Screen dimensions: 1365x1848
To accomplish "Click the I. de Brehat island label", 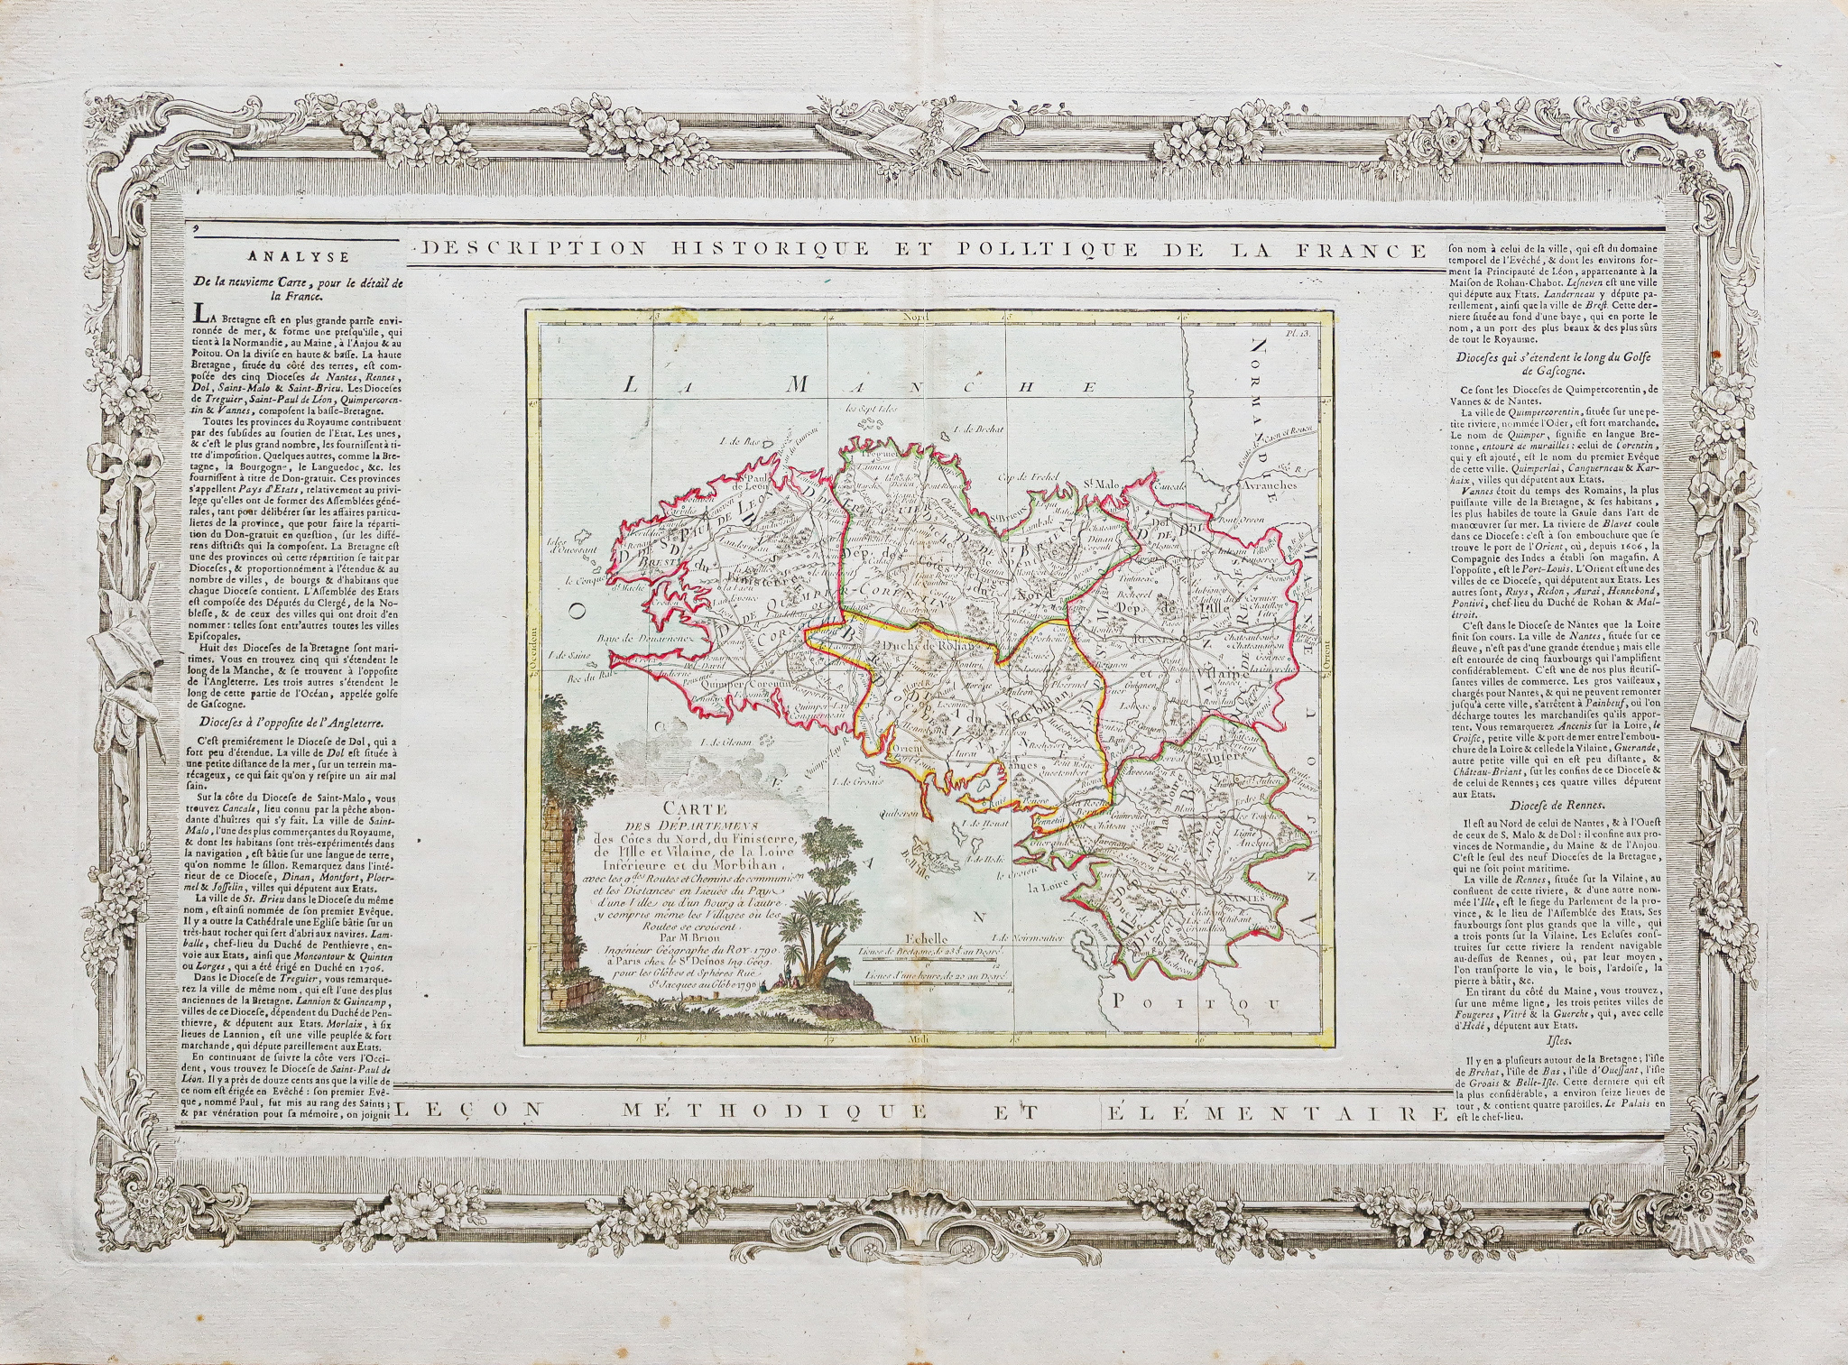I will point(979,429).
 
